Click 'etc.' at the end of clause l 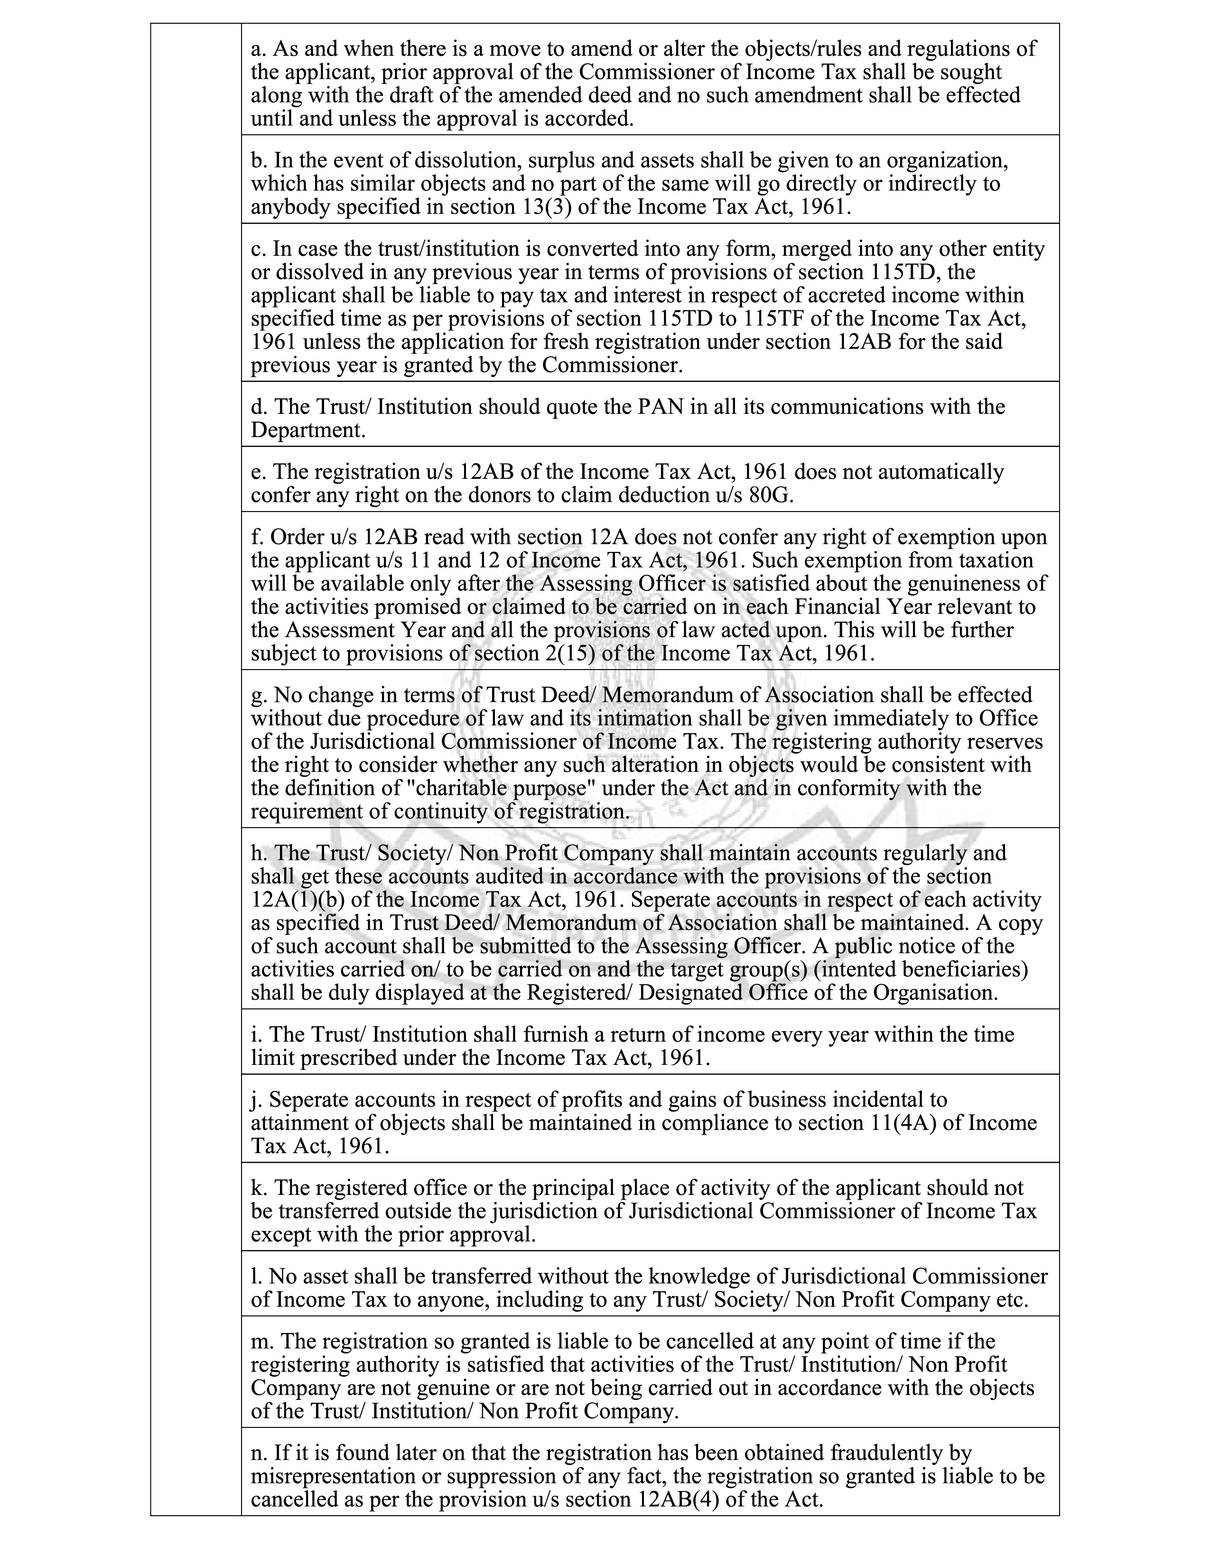click(x=1012, y=1299)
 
